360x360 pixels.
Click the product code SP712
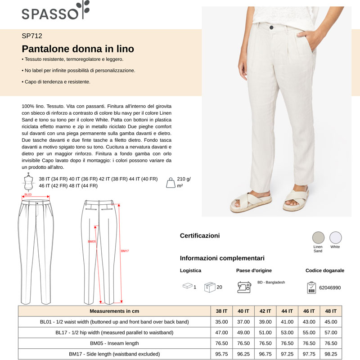[32, 36]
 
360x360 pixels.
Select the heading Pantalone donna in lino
[78, 49]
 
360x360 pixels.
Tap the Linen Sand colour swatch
[318, 237]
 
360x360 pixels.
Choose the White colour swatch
[335, 237]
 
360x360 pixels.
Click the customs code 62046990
[330, 288]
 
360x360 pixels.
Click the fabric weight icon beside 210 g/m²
[171, 182]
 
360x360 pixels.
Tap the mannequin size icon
[29, 182]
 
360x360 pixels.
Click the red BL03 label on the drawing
[28, 195]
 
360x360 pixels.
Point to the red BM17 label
[125, 251]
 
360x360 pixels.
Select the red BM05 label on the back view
[92, 242]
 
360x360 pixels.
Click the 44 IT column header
[287, 311]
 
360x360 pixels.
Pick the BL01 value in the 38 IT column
[221, 322]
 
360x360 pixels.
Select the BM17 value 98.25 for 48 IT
[330, 354]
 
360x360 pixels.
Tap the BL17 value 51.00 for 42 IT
[265, 333]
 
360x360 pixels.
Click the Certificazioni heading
[200, 235]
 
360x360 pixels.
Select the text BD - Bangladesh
[271, 282]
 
